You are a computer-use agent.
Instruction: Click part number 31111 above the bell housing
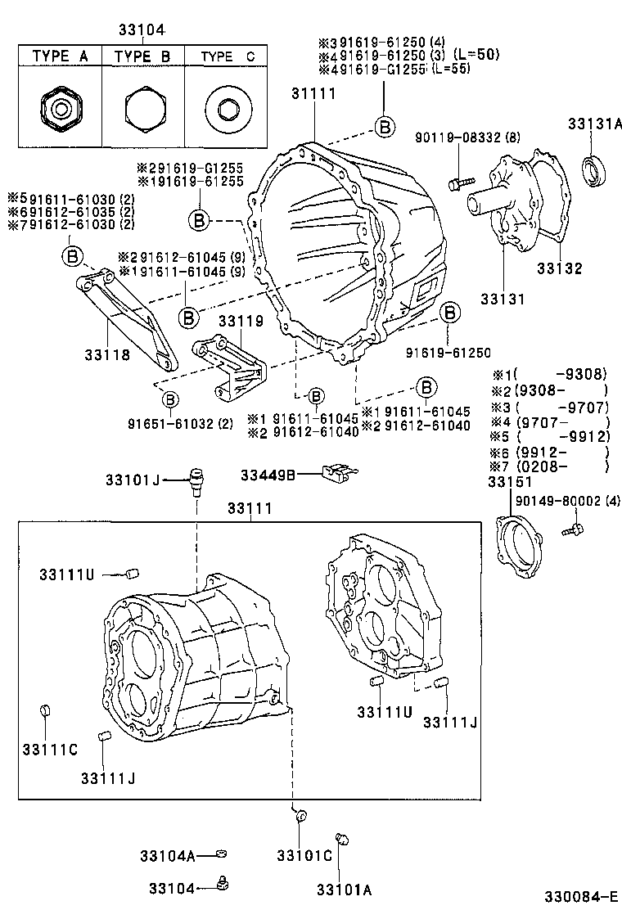pyautogui.click(x=313, y=94)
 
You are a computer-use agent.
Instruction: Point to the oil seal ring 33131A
pyautogui.click(x=595, y=169)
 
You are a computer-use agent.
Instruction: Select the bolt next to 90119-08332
pyautogui.click(x=460, y=182)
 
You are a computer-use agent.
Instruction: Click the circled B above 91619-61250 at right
pyautogui.click(x=448, y=313)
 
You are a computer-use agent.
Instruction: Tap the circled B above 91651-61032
pyautogui.click(x=169, y=399)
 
